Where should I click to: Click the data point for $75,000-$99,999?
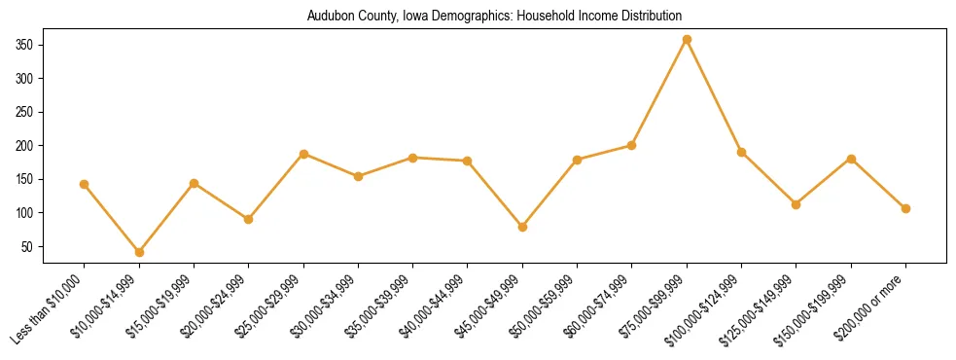687,40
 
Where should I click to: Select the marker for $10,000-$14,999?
139,252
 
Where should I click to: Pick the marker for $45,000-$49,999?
522,227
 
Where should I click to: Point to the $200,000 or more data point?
905,208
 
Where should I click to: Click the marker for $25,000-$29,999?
303,154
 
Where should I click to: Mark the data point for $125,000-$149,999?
796,204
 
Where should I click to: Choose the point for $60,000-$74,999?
632,145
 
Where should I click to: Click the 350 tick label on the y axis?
25,45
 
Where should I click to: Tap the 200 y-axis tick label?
25,146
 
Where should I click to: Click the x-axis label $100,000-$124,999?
705,306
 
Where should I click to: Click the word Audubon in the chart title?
329,17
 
